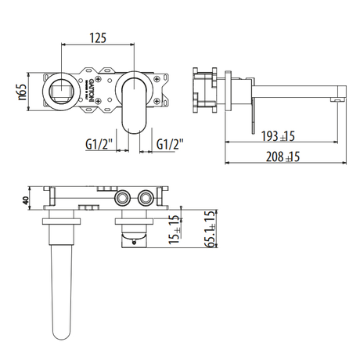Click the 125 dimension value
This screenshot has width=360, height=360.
(99, 38)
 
